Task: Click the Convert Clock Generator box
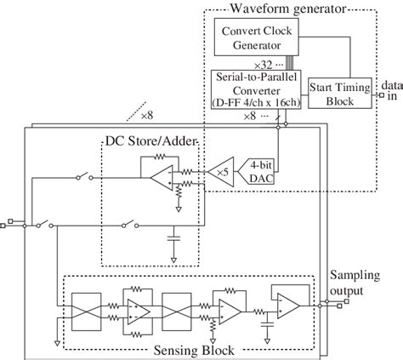click(256, 37)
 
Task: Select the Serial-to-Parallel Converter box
click(256, 89)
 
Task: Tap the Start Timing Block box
click(340, 93)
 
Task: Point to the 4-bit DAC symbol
click(256, 171)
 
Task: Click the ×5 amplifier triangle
click(221, 172)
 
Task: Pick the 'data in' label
click(392, 90)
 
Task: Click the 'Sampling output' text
click(355, 283)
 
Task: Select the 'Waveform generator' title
click(288, 9)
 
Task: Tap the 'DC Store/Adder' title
click(150, 141)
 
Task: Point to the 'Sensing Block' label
click(194, 351)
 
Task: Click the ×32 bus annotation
click(263, 66)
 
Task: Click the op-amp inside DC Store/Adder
click(162, 178)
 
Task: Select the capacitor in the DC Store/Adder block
click(173, 237)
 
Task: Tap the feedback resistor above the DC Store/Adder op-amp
click(160, 157)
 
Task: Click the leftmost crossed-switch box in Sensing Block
click(87, 311)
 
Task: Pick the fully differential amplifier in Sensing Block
click(139, 311)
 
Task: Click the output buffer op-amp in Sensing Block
click(288, 306)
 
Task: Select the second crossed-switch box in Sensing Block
click(177, 311)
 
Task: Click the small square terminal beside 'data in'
click(382, 95)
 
